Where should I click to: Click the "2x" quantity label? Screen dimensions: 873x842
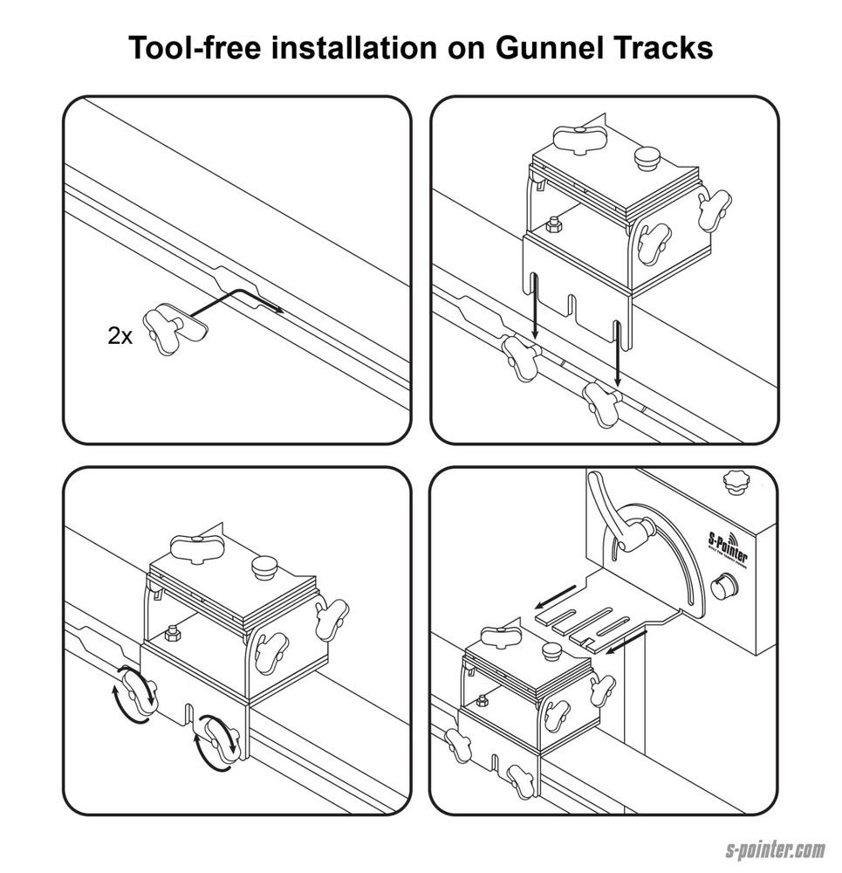click(120, 336)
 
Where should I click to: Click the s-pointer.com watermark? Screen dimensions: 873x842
click(776, 849)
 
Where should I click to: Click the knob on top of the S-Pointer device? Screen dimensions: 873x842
click(737, 483)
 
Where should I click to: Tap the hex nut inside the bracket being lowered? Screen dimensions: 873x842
click(554, 227)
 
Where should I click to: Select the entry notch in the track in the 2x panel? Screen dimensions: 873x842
click(236, 288)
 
